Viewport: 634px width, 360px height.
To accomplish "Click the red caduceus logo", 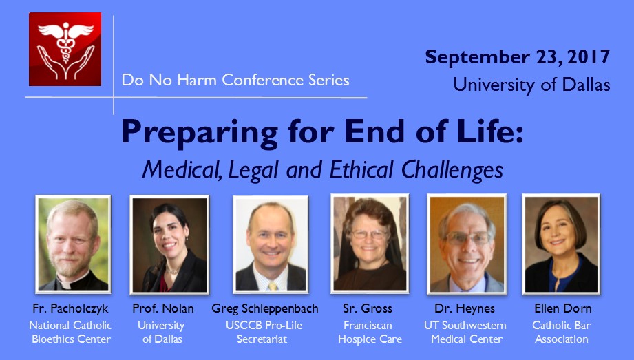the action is [65, 49].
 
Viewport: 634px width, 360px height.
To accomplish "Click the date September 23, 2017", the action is [517, 57].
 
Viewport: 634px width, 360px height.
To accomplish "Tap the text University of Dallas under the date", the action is [531, 85].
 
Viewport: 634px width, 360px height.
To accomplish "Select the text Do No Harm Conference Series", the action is [235, 80].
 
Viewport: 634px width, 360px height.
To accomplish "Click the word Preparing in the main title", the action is [200, 132].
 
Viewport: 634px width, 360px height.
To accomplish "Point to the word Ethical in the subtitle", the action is [361, 169].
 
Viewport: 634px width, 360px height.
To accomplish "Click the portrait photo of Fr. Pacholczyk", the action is [73, 244].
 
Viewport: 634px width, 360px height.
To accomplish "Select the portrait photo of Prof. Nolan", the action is [169, 244].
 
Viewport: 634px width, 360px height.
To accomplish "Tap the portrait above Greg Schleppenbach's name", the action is [271, 244].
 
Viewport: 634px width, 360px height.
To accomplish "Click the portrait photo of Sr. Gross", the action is [370, 244].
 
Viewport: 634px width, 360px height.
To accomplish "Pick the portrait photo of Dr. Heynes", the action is [467, 244].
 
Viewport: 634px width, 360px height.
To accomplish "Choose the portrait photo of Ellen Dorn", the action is [561, 244].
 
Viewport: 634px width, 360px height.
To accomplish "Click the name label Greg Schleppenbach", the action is [265, 308].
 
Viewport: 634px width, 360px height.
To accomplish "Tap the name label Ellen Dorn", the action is [563, 308].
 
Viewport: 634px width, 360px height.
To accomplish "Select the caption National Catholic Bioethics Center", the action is [70, 332].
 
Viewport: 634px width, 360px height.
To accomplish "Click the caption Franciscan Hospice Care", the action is [370, 332].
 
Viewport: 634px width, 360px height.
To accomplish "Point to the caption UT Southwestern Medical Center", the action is [465, 332].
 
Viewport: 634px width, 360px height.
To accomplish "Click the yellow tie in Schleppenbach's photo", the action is [273, 286].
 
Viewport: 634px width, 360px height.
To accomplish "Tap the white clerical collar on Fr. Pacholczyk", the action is [65, 284].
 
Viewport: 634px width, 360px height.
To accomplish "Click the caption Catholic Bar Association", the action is [562, 332].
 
